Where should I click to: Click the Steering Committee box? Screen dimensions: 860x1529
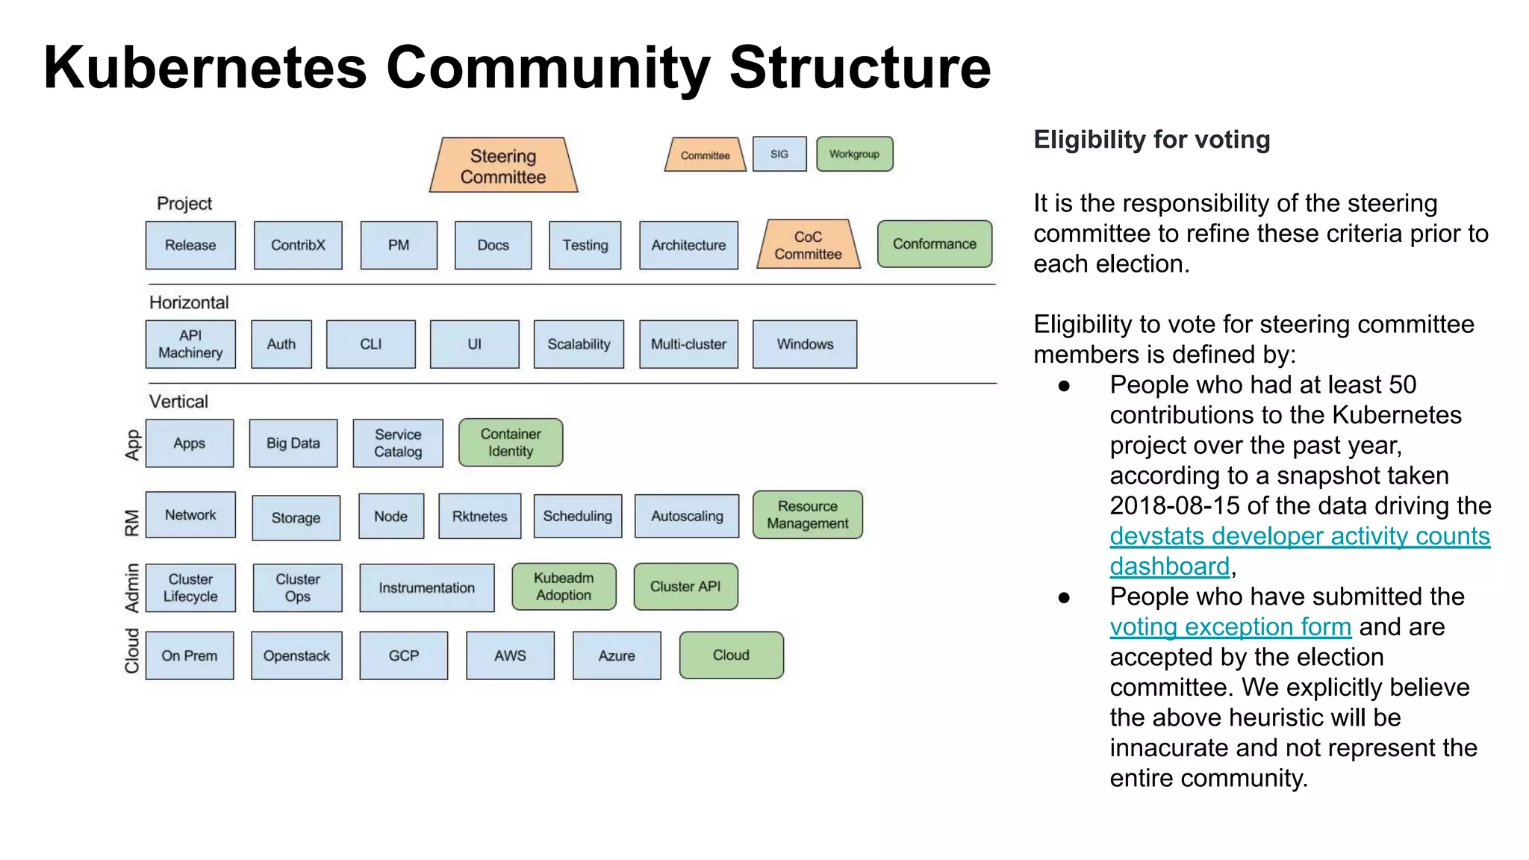tap(503, 166)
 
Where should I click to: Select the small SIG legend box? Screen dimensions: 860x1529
tap(779, 154)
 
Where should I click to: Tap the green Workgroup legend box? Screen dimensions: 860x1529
tap(854, 154)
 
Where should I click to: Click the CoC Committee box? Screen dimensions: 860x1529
tap(808, 245)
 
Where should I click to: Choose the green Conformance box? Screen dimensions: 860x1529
tap(934, 244)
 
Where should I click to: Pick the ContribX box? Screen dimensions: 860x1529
tap(298, 245)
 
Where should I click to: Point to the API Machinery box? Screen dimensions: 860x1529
tap(190, 344)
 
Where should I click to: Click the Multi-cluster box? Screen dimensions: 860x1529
tap(688, 344)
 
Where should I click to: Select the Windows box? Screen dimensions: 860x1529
tap(805, 344)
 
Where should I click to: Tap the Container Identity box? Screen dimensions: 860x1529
tap(511, 443)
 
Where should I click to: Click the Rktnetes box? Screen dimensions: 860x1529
tap(479, 516)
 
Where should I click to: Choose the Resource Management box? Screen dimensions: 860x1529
tap(808, 515)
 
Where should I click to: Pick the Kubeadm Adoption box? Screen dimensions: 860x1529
tap(564, 587)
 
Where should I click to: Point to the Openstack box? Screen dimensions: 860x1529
tap(296, 655)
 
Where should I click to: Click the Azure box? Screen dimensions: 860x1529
tap(617, 655)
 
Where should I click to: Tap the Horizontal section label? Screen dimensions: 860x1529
tap(189, 302)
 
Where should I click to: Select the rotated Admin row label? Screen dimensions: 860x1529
tap(132, 588)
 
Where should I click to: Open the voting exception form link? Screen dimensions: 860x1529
tap(1230, 627)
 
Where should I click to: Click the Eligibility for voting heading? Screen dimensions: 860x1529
tap(1151, 140)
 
